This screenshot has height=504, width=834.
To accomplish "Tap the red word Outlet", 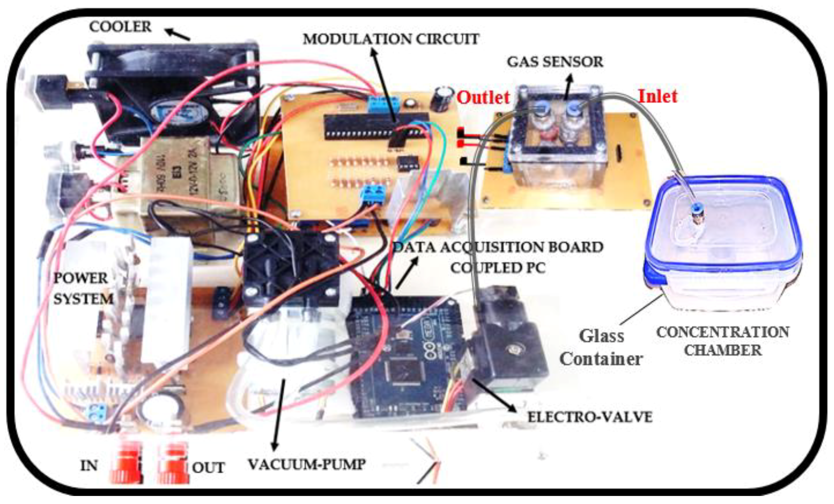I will coord(483,97).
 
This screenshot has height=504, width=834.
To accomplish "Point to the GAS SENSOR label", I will coord(555,62).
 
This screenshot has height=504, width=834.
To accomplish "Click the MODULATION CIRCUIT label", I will coord(391,39).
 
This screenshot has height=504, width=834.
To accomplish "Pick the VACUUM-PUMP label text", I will coord(307,464).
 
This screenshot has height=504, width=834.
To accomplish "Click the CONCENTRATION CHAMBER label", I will coord(723,341).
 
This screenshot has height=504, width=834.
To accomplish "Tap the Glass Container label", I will coord(601,347).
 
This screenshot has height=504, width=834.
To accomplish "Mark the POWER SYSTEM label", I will coord(83,288).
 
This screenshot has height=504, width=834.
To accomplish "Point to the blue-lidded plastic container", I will coord(723,243).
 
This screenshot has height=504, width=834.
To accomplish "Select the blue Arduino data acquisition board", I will coord(409,358).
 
